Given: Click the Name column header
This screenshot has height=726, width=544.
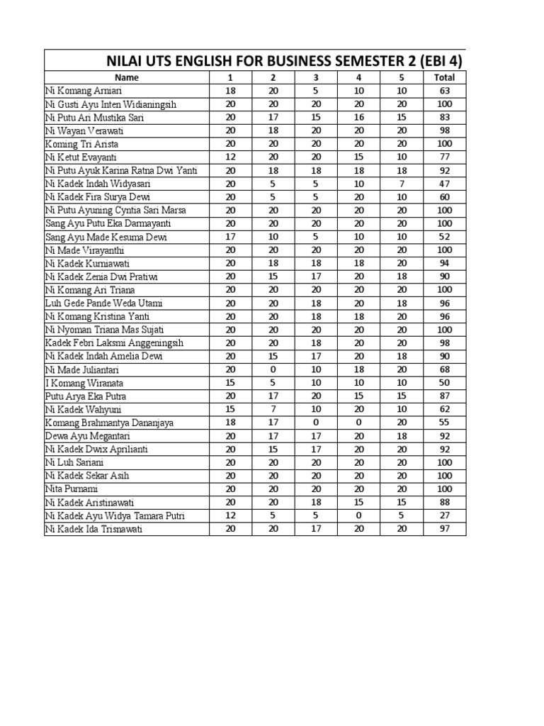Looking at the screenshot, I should (x=127, y=77).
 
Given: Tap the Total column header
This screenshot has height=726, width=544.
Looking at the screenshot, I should (x=445, y=77).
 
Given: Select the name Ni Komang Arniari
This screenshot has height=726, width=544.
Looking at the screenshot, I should (x=78, y=91).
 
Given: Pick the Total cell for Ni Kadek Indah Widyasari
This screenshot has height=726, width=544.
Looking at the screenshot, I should (x=445, y=184).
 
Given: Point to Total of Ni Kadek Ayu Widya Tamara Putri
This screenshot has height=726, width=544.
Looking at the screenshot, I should (x=445, y=515).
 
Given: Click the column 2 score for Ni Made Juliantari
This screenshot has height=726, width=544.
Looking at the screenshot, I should (x=273, y=369).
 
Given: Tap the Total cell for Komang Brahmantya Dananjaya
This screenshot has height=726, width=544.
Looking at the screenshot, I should (x=445, y=423).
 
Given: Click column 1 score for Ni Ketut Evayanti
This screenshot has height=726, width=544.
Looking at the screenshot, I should (x=230, y=157).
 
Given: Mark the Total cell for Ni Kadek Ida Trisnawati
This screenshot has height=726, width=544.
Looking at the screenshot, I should (x=445, y=529).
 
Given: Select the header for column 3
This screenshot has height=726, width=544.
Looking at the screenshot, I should (x=316, y=77).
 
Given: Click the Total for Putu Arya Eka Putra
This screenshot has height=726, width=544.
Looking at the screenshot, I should (x=445, y=396).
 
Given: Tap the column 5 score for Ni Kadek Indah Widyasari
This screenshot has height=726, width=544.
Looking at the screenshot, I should (x=402, y=184).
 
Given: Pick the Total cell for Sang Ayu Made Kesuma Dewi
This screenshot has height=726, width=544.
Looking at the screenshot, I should (x=445, y=237).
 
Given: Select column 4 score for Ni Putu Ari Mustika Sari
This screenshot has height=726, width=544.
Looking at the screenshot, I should (x=359, y=118).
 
